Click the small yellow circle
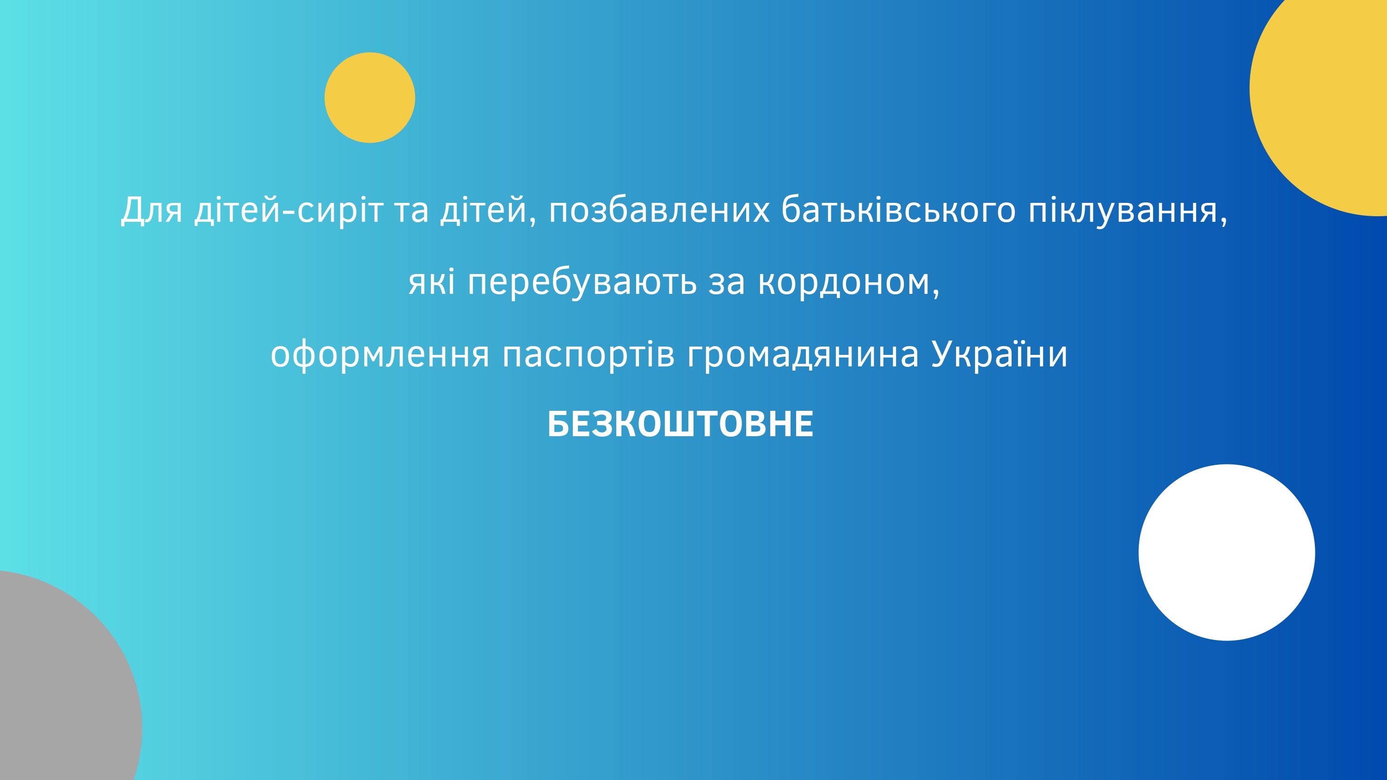pos(370,97)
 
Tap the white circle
pos(1227,552)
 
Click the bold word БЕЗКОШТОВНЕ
pos(680,424)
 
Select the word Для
pos(152,210)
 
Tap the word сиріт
pos(340,210)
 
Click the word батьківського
pos(899,210)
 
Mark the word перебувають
pos(582,282)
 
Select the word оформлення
pos(380,355)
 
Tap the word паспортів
pos(588,355)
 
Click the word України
pos(999,355)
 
